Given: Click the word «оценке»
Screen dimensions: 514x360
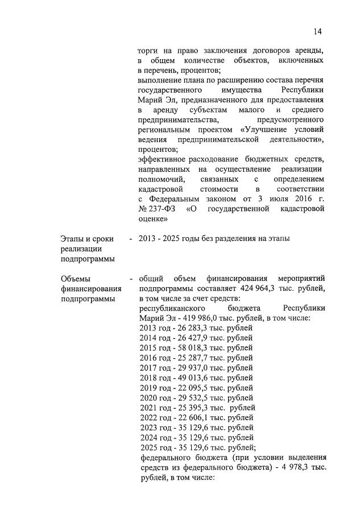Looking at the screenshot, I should point(152,219).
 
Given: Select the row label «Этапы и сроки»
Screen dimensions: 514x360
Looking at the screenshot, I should point(87,239).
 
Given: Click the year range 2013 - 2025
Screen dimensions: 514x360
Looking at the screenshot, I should point(164,239).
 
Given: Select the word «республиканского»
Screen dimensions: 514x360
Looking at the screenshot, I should point(175,309).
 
